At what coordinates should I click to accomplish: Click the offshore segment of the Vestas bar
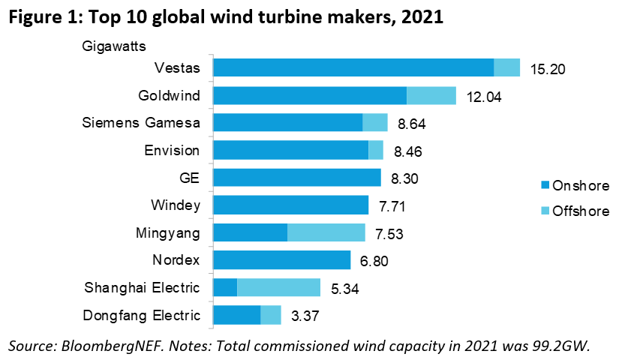pos(507,67)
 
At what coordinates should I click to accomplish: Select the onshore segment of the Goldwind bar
pos(310,95)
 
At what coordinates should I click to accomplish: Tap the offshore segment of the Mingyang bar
pos(326,232)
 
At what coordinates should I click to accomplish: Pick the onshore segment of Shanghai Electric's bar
pos(225,288)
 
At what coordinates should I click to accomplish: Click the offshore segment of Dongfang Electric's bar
pos(271,315)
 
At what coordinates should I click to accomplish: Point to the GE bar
pos(297,178)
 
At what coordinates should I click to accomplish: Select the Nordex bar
pos(282,260)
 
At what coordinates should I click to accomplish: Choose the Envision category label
pos(172,150)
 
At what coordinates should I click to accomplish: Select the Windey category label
pos(176,205)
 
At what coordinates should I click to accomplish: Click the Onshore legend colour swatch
pos(545,185)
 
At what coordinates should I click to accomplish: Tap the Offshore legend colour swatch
pos(545,211)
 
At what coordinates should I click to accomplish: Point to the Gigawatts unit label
pos(113,45)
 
